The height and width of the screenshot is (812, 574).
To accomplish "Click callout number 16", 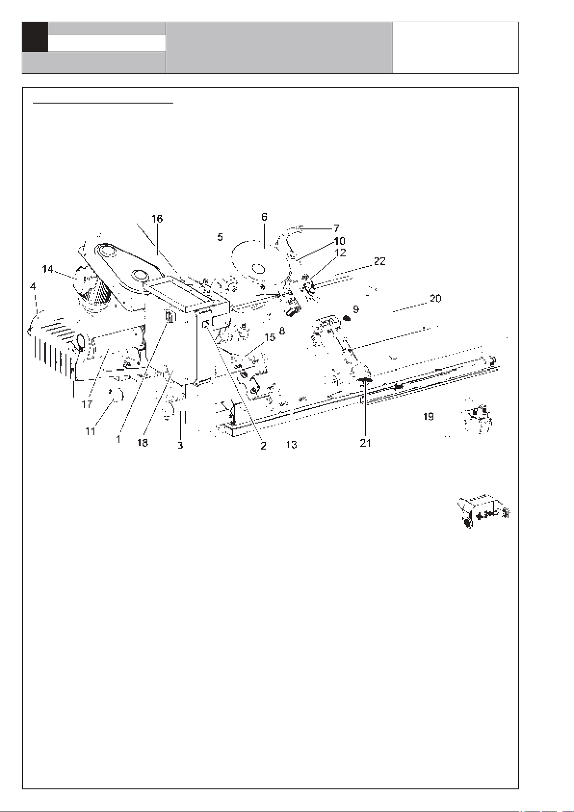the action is click(x=157, y=219).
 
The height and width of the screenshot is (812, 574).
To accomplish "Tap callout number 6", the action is click(x=264, y=217).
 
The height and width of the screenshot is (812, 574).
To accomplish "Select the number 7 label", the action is click(x=336, y=228).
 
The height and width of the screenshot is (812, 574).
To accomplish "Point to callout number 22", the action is click(x=379, y=261).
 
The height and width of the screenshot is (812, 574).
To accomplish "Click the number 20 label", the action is click(x=435, y=298).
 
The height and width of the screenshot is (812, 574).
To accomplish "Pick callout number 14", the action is click(x=48, y=269).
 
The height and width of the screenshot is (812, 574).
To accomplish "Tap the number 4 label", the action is click(x=33, y=286).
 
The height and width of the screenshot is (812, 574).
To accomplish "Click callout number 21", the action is click(x=365, y=442).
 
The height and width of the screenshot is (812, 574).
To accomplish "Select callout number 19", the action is click(x=429, y=416).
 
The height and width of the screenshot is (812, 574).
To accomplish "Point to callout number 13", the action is click(x=291, y=444).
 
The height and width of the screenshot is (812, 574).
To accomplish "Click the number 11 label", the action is click(x=90, y=431).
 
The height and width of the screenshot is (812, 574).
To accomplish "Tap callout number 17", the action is click(x=87, y=404).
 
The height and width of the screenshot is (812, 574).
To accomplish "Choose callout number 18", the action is click(x=143, y=442).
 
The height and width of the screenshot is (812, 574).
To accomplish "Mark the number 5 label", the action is click(x=220, y=237).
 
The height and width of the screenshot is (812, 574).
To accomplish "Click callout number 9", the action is click(x=356, y=309).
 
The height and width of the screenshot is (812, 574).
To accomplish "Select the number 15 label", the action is click(x=270, y=337).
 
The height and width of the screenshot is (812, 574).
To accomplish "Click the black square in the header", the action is click(x=35, y=37).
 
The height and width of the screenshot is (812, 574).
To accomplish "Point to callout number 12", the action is click(x=340, y=253).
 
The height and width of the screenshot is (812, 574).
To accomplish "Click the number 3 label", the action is click(x=181, y=445).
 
